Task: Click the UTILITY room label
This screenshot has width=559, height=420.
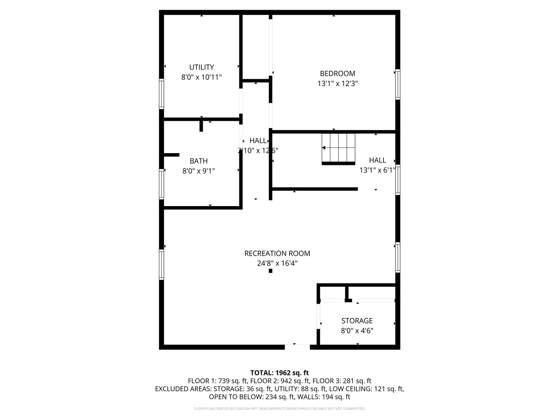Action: click(201, 67)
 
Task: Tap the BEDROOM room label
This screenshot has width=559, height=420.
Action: click(337, 73)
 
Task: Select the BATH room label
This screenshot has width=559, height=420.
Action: click(198, 161)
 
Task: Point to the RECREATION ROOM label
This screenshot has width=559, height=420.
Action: click(277, 253)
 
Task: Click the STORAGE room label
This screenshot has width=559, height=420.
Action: click(357, 321)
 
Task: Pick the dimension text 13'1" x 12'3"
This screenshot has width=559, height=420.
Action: click(338, 84)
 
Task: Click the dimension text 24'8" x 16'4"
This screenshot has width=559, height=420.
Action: click(277, 263)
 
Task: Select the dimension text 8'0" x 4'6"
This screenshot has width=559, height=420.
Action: click(357, 331)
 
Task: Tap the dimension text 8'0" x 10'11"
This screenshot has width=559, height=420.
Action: click(201, 77)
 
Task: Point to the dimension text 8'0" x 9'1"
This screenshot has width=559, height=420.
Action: click(198, 171)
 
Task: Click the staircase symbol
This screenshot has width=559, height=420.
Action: click(338, 149)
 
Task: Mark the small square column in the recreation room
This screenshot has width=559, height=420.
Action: click(270, 271)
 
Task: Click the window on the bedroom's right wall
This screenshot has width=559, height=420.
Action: click(397, 84)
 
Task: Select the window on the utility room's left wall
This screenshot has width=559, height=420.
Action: click(161, 94)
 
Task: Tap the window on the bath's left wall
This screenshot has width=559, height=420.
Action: click(161, 184)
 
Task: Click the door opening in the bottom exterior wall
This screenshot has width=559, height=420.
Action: click(297, 347)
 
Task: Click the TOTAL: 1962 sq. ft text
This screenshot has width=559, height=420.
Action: click(279, 373)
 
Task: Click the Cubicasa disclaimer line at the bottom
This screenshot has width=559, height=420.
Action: click(279, 409)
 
